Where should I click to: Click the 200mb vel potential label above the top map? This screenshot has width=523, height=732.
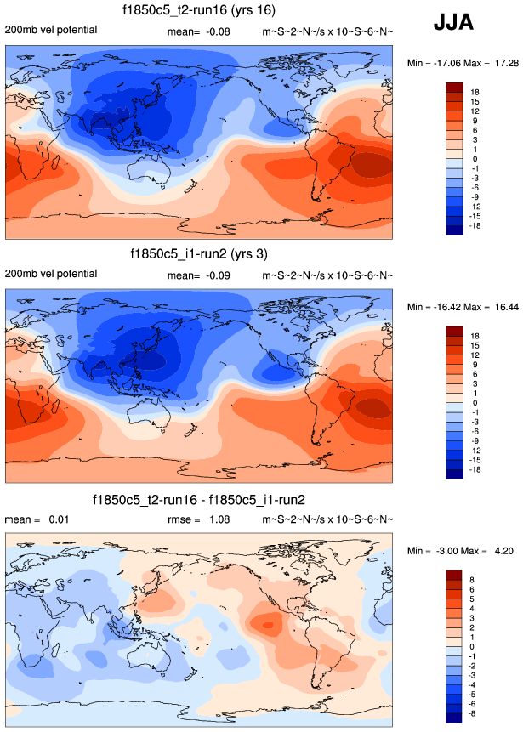(51, 31)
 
